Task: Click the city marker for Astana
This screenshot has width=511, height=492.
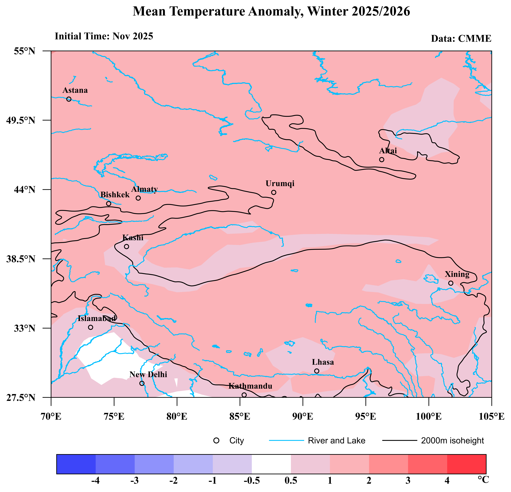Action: [69, 99]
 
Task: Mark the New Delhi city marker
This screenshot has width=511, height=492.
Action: [142, 383]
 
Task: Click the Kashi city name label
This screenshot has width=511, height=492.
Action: [133, 238]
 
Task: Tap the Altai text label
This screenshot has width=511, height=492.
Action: [388, 151]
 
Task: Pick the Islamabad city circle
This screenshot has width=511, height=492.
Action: [90, 327]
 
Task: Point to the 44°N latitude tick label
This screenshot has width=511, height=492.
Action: [24, 190]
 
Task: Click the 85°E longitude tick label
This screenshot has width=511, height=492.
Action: [240, 417]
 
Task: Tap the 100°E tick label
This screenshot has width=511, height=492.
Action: [429, 417]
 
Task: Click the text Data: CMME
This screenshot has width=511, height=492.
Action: [461, 39]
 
